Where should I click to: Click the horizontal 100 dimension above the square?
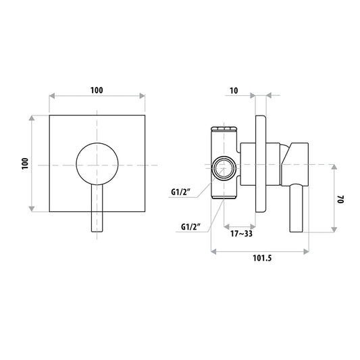click(x=97, y=91)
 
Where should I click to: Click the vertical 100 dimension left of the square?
click(x=25, y=163)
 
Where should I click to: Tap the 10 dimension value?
click(x=234, y=91)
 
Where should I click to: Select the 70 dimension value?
click(x=340, y=199)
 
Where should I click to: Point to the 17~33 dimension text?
click(x=241, y=234)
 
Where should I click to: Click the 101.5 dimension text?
click(x=262, y=258)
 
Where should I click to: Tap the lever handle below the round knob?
click(x=97, y=208)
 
